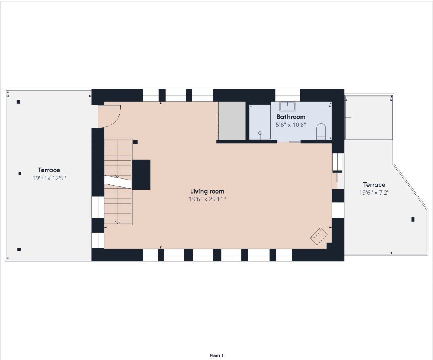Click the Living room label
click(207, 191)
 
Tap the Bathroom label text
click(291, 117)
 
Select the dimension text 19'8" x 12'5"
click(49, 178)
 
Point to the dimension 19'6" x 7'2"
click(374, 193)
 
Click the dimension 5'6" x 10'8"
click(291, 125)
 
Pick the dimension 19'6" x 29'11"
click(207, 199)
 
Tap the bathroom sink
click(287, 106)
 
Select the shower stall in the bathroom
click(260, 122)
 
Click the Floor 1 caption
click(216, 356)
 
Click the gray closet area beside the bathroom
click(232, 121)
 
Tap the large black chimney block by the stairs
click(141, 174)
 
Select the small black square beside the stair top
click(135, 142)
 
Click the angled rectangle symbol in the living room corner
click(319, 236)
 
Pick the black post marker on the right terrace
click(413, 219)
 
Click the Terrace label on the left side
click(49, 170)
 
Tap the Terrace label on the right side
click(374, 184)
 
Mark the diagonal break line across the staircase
click(118, 182)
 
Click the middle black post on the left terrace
click(20, 174)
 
